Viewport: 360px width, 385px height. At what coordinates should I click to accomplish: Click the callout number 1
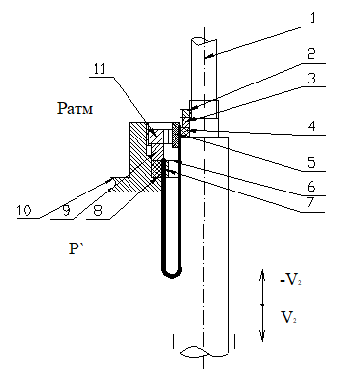[312, 18]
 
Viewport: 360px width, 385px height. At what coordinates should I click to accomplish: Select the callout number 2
[311, 54]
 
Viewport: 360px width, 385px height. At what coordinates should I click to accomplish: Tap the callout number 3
[311, 79]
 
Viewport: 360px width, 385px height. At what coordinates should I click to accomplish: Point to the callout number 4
[312, 126]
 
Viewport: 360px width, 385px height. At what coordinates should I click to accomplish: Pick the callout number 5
[311, 162]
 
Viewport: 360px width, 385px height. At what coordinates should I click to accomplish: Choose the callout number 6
[311, 187]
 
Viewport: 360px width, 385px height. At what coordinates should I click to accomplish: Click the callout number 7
[312, 203]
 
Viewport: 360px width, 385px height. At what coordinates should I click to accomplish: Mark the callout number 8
[98, 210]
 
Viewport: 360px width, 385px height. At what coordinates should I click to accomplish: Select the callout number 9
[66, 210]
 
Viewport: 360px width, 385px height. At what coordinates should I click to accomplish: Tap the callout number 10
[25, 210]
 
